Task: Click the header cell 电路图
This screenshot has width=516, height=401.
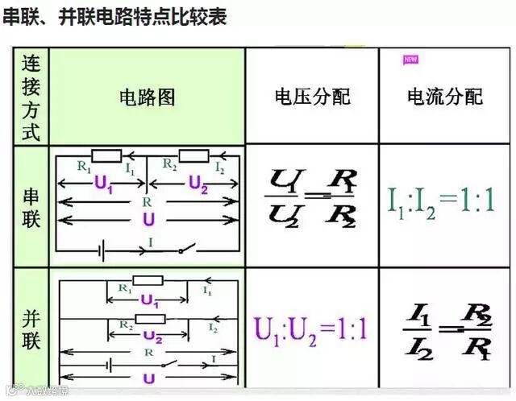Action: click(x=147, y=97)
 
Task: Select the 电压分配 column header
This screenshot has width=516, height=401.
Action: click(x=312, y=97)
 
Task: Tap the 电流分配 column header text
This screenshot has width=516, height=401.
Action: click(x=445, y=97)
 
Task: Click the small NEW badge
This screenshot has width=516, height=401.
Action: click(x=410, y=60)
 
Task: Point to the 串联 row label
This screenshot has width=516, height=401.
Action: click(x=31, y=208)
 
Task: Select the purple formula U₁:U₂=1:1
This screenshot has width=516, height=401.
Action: click(x=310, y=329)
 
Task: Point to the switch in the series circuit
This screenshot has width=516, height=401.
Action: click(x=185, y=250)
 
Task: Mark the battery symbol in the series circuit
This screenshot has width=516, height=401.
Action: click(x=103, y=250)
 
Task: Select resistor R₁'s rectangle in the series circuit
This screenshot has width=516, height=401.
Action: click(x=106, y=155)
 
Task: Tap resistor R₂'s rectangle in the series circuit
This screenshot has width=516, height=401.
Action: click(x=194, y=155)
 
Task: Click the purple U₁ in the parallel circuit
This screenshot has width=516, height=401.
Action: click(x=148, y=300)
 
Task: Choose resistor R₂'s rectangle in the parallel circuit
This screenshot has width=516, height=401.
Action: click(x=149, y=319)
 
